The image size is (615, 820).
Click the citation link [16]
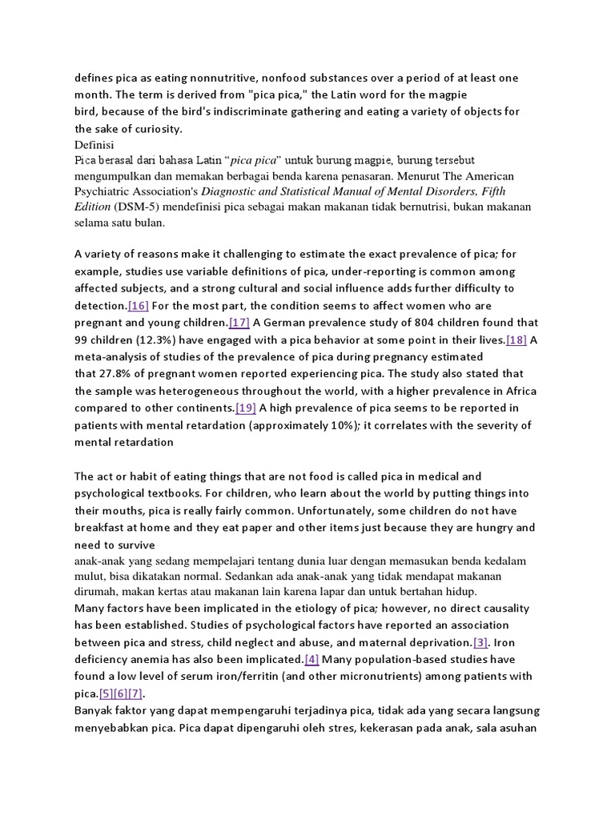click(x=139, y=306)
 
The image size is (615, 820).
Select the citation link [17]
click(x=239, y=323)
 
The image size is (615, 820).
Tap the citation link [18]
click(x=517, y=340)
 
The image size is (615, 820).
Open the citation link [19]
click(x=246, y=408)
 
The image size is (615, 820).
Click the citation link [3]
click(x=480, y=642)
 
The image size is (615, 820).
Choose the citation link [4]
click(x=312, y=659)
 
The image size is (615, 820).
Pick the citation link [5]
click(x=106, y=693)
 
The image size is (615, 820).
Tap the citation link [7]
click(x=135, y=693)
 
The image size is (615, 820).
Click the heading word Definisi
click(x=94, y=146)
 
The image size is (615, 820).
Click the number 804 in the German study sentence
click(x=424, y=323)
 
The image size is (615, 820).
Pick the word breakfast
click(x=102, y=528)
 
